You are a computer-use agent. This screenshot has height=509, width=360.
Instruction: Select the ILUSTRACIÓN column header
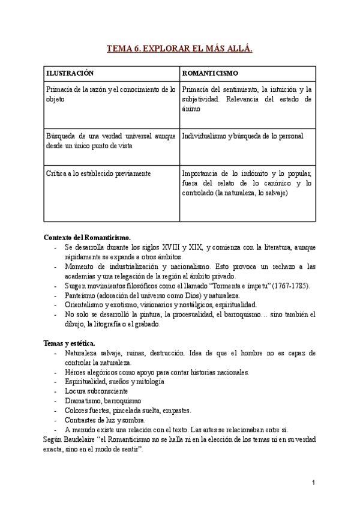tap(70, 73)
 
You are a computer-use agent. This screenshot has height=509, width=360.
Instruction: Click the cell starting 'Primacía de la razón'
tap(111, 94)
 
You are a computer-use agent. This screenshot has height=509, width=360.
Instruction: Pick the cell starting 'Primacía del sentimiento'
tap(246, 99)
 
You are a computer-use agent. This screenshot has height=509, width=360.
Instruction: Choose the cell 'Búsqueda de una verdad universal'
tap(111, 140)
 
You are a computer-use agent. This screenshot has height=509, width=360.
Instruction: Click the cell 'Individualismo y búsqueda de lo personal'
tap(242, 136)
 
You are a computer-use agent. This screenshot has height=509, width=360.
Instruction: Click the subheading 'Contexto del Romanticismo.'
tap(87, 237)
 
